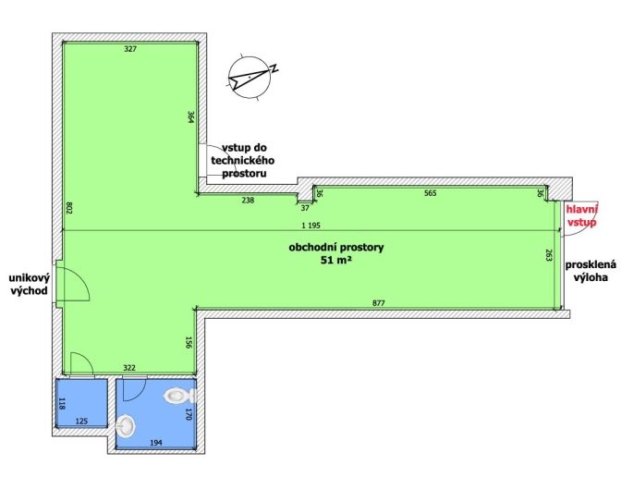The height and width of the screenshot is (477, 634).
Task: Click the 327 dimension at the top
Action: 130,49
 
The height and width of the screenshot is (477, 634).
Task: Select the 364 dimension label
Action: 191,116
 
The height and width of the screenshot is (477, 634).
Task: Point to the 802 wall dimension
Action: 68,208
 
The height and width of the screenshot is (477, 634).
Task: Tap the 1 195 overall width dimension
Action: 311,226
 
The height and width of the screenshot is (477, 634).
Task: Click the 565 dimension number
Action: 431,193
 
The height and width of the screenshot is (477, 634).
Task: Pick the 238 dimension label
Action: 248,200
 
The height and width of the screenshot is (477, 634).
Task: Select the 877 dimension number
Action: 379,302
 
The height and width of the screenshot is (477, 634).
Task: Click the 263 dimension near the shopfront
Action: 549,255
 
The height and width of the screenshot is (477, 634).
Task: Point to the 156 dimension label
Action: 189,342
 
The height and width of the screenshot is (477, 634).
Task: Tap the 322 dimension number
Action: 129,368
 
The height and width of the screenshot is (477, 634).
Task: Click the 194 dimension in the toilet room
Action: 155,443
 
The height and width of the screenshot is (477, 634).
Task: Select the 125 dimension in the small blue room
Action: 81,422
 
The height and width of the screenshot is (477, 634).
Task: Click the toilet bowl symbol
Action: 179,395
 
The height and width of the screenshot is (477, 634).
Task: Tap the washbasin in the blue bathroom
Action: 126,426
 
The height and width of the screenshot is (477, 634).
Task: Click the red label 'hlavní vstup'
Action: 582,216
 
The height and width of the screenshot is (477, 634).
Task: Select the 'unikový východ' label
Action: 30,284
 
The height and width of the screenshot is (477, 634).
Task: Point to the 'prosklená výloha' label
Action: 591,271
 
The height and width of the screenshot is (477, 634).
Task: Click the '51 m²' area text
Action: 336,261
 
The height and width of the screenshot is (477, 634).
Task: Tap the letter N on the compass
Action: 274,68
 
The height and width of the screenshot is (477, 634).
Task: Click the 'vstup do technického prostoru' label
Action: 242,160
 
